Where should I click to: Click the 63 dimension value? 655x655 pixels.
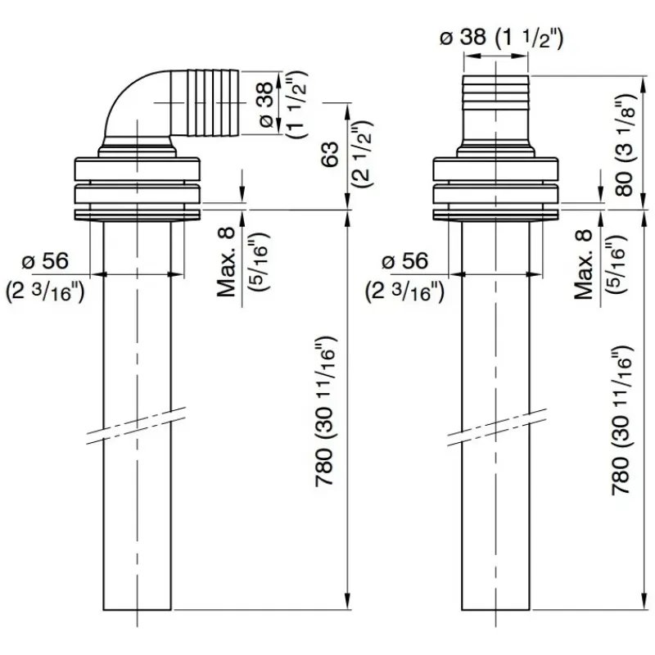pos(331,155)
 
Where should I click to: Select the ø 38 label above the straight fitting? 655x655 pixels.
pos(463,38)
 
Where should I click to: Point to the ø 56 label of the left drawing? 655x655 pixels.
pos(45,261)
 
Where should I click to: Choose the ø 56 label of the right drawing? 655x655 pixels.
pos(405,261)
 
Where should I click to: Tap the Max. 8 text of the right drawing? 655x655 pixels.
pos(584,264)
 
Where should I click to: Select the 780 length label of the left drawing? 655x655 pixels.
pos(324,468)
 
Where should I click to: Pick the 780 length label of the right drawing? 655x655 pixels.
pos(621,476)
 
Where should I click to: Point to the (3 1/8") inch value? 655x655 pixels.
pos(626,129)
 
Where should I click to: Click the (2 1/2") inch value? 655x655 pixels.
pos(362,154)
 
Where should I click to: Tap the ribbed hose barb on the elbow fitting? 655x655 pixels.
pos(213,103)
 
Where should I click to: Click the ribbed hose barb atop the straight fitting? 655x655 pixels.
pos(495,89)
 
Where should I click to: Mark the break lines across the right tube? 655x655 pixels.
pos(497,427)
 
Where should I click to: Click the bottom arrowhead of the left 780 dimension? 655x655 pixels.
pos(347,603)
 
